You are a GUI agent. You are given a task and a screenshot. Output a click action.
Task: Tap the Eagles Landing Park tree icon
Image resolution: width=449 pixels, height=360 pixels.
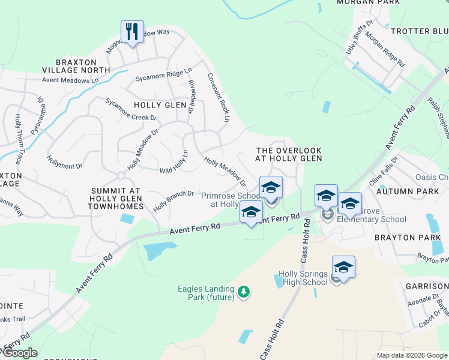coord(243,292)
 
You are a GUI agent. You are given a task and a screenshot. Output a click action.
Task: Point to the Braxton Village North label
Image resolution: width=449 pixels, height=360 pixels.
coord(83,66)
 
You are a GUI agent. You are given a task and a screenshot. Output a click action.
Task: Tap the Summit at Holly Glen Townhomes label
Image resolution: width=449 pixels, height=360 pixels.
coord(116,198)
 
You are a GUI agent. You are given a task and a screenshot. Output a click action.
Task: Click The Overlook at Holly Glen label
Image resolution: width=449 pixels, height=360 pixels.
coord(289,154)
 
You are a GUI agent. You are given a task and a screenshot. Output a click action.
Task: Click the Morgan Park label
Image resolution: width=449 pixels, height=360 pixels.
coord(368,2)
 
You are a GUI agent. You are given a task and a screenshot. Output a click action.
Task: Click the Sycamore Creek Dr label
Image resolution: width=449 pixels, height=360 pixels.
coord(130,109)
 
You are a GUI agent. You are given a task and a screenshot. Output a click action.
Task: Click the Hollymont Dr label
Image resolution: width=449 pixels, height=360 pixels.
coord(64,160)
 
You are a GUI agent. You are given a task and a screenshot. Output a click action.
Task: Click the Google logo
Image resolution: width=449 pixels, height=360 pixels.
coord(19,353)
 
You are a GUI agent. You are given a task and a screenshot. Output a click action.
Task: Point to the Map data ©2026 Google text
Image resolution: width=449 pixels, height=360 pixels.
coord(411,355)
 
